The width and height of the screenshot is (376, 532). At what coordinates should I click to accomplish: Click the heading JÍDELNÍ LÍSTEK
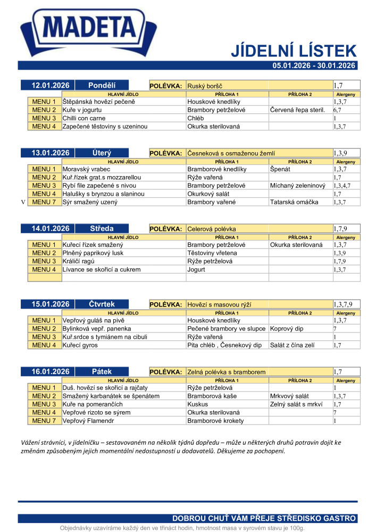(293, 51)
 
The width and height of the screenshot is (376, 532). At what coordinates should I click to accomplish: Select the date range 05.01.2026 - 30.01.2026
(313, 65)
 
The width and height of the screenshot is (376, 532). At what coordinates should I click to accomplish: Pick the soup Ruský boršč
(205, 86)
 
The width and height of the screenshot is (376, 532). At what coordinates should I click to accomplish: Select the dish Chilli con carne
(84, 118)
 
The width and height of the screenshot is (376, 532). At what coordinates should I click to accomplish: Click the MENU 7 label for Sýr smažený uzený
(44, 202)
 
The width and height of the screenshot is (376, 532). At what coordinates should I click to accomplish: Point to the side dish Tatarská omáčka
(294, 202)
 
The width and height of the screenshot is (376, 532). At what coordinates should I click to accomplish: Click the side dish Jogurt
(196, 270)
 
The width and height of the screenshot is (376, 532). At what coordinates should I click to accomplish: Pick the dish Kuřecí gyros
(80, 345)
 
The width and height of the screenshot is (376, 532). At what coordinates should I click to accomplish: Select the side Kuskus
(198, 404)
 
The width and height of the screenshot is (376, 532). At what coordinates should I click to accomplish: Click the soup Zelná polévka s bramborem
(226, 372)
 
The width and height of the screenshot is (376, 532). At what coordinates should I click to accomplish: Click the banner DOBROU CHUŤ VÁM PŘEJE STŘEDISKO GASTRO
(264, 519)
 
